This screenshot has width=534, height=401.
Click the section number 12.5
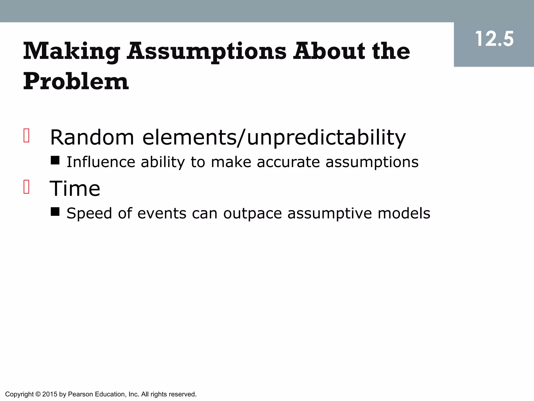click(x=494, y=39)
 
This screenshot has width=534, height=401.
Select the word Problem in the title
click(x=76, y=81)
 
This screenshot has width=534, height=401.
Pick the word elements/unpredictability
click(x=274, y=137)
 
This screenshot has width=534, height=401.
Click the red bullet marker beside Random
click(x=26, y=135)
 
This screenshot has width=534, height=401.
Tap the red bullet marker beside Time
click(x=26, y=187)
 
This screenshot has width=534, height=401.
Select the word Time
click(x=75, y=188)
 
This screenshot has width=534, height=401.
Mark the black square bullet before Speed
click(x=55, y=211)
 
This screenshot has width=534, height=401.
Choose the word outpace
click(x=252, y=214)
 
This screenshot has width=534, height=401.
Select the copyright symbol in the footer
click(x=38, y=394)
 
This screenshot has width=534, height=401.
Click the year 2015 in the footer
click(x=50, y=394)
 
